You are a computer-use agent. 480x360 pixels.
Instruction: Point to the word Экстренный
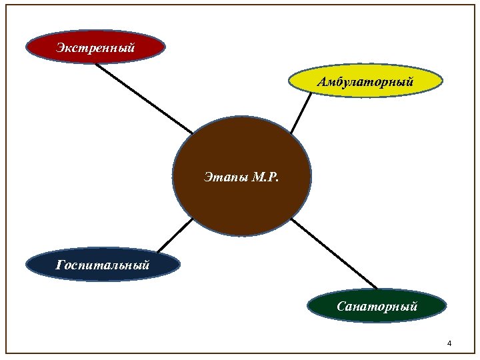pos(95,47)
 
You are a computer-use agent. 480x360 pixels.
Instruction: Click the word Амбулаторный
pos(365,83)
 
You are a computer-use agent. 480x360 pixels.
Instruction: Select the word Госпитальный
pos(103,265)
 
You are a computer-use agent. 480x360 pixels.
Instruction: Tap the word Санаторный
pos(377,307)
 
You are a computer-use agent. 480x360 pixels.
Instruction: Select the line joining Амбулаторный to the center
pos(301,113)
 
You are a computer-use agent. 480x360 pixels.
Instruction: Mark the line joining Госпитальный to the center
pos(174,236)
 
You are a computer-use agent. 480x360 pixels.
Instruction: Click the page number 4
pos(449,343)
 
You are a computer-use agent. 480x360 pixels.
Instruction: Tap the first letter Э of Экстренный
pos(60,47)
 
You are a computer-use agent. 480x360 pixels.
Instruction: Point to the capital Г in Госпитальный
pos(61,265)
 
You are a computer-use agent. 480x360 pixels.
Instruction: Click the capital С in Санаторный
pos(341,307)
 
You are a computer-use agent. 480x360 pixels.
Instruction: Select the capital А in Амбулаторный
pos(322,83)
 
